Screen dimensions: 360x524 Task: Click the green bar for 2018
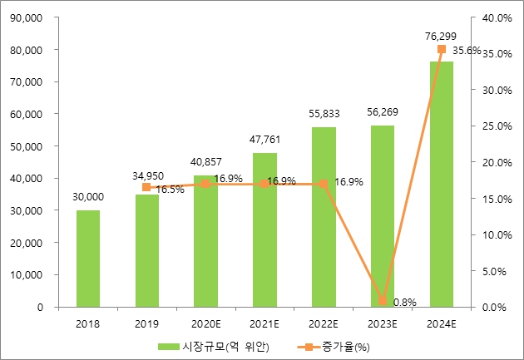[x=88, y=259]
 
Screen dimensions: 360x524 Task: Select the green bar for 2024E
[x=442, y=185]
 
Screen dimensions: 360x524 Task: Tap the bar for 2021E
[x=264, y=230]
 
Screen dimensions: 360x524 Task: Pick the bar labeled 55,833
[x=324, y=217]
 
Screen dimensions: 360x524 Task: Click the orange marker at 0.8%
[x=383, y=300]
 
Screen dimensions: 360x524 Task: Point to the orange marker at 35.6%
[x=442, y=49]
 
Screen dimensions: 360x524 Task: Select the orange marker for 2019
[x=146, y=187]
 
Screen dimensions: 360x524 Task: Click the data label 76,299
[x=441, y=36]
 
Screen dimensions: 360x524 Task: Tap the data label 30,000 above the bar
[x=88, y=196]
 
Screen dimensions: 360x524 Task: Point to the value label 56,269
[x=382, y=111]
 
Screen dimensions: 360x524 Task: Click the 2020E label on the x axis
[x=205, y=324]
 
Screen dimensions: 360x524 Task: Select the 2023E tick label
[x=382, y=324]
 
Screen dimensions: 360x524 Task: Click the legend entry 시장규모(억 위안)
[x=209, y=346]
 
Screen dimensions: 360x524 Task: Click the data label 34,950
[x=147, y=176]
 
